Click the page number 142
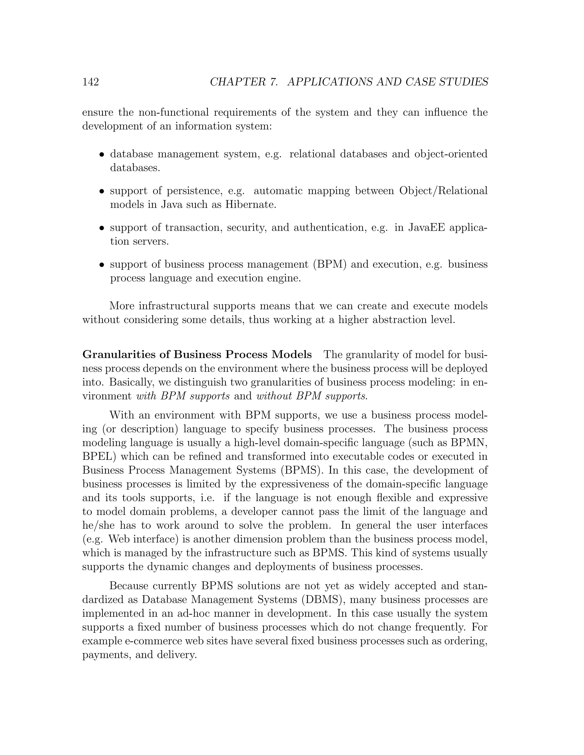click(x=91, y=82)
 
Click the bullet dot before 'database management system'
click(x=102, y=155)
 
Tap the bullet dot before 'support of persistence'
click(x=102, y=191)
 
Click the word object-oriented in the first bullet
click(x=451, y=154)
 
